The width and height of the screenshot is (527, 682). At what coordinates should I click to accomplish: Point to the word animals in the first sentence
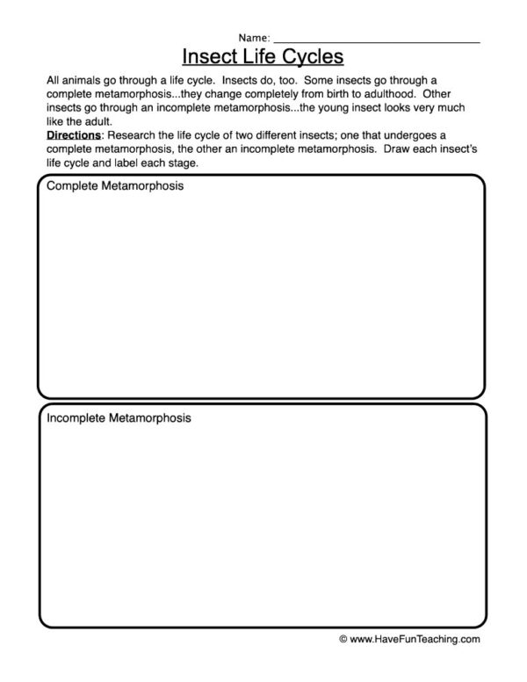(80, 79)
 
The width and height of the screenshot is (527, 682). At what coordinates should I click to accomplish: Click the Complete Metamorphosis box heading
(115, 188)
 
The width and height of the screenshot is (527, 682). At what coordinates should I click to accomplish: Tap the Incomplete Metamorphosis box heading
(119, 418)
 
